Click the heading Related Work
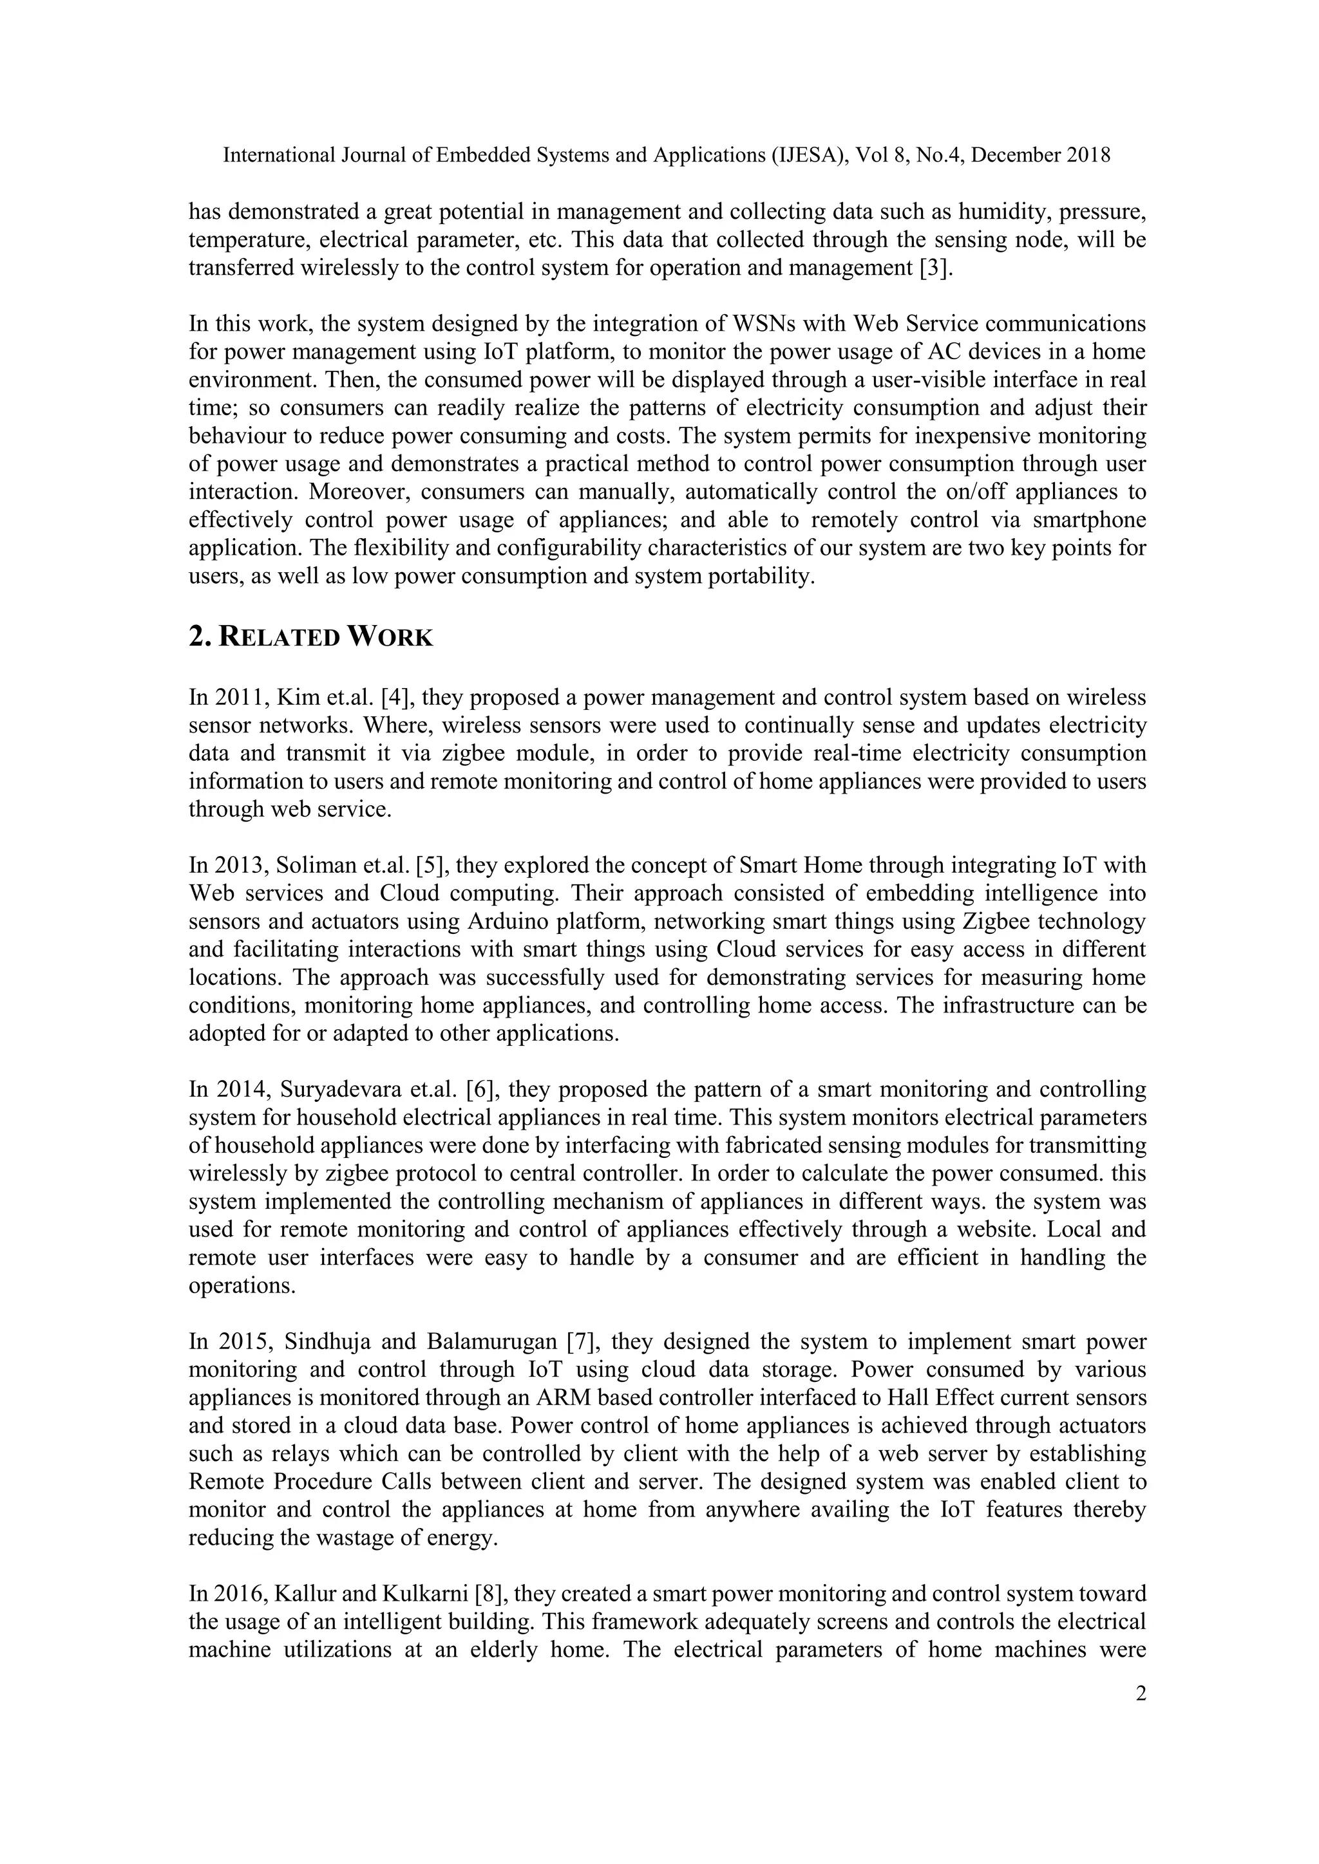[310, 637]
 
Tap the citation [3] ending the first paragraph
[936, 268]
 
